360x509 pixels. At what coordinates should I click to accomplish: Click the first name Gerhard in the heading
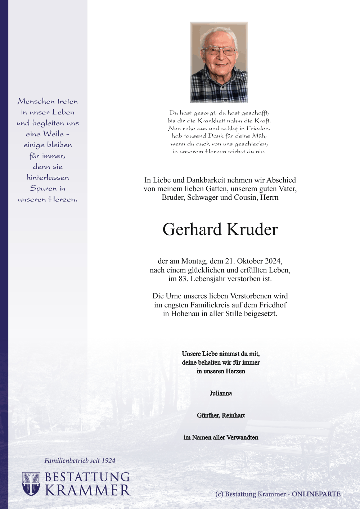point(192,230)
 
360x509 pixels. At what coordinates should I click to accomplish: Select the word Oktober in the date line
point(250,261)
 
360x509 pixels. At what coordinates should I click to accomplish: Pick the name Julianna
point(221,393)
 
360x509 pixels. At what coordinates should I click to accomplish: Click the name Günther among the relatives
point(208,415)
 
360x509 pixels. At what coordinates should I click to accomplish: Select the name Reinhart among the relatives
point(233,415)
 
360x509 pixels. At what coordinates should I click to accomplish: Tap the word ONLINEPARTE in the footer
point(316,494)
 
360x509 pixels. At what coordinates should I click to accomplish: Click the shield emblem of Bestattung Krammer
point(31,484)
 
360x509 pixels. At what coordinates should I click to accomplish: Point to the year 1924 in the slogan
point(108,460)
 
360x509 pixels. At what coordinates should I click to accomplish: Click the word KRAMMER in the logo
point(87,490)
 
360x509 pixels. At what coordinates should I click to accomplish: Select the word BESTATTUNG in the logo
point(87,477)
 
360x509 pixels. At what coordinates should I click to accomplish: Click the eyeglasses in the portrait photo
point(219,51)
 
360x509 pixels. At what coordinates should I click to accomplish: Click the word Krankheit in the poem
point(212,121)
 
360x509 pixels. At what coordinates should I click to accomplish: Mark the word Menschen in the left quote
point(36,101)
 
